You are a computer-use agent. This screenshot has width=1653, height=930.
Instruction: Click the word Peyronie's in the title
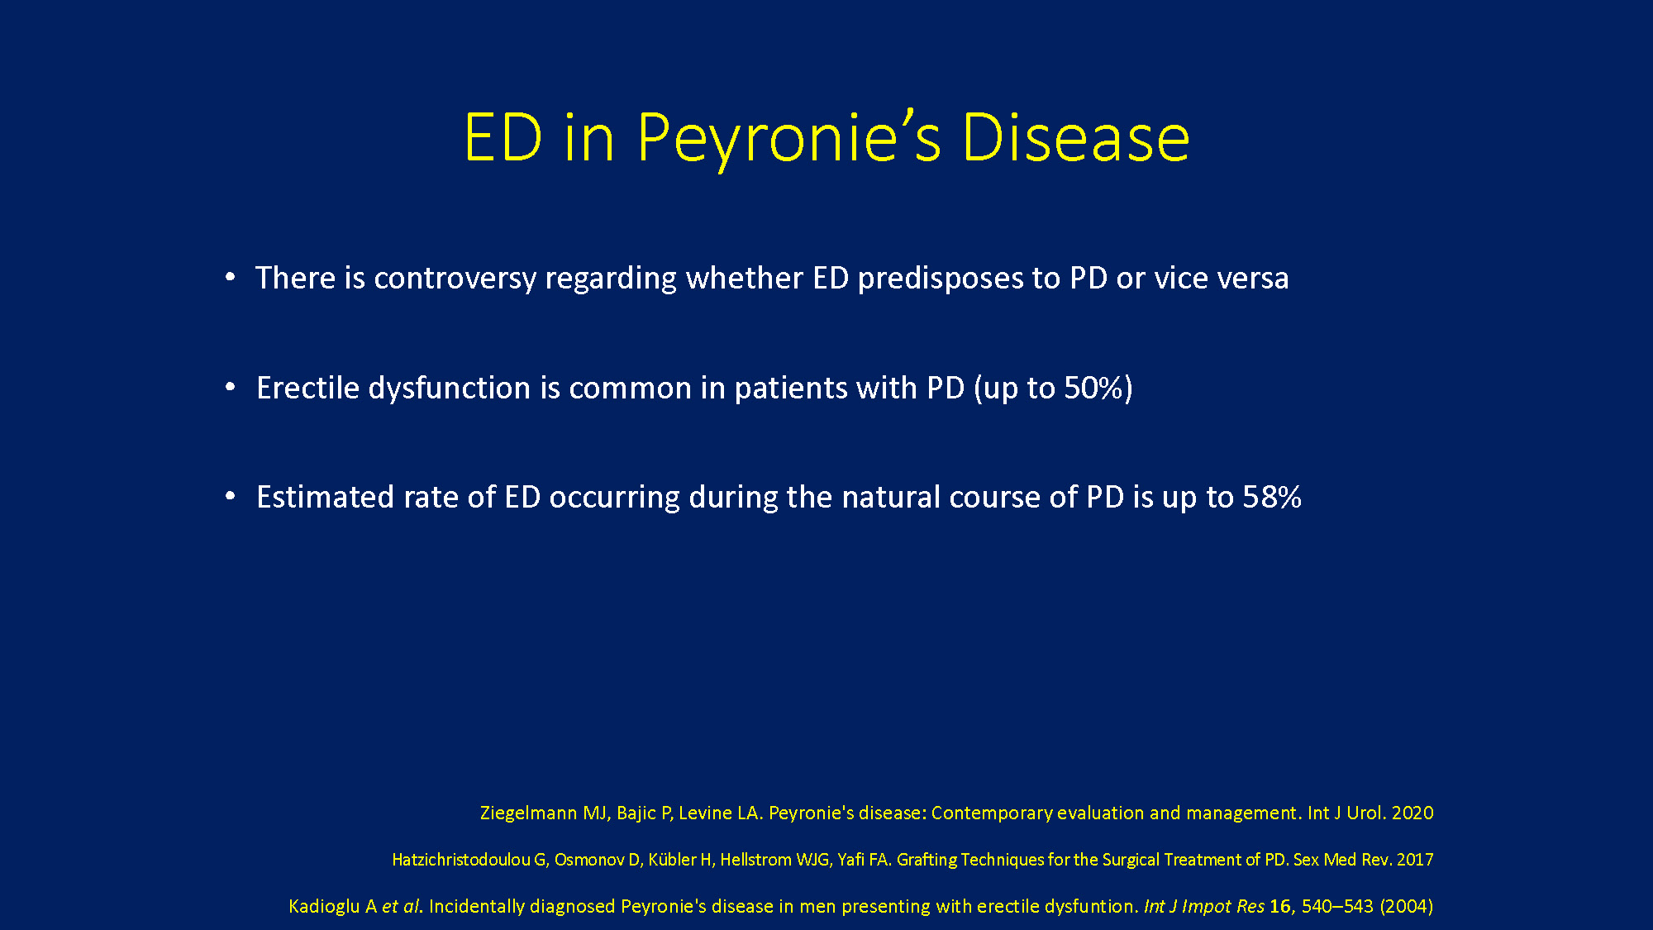789,138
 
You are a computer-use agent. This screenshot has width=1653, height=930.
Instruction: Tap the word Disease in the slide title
1075,137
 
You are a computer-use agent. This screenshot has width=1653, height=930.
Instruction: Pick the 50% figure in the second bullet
1094,388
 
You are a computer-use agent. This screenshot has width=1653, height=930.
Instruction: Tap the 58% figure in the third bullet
1272,497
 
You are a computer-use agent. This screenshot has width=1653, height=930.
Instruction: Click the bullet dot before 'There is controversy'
231,277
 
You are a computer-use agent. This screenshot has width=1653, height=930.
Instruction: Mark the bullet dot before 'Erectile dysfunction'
231,387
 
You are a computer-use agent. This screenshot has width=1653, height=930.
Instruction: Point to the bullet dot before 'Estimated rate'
231,496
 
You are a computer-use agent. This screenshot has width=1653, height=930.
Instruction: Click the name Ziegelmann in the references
529,813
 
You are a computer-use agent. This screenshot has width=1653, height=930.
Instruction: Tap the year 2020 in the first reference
1412,813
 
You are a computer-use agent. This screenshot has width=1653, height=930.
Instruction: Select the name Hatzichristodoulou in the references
461,860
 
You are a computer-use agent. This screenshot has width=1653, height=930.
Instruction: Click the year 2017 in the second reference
1415,860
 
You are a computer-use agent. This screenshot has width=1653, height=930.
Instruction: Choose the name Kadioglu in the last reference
324,907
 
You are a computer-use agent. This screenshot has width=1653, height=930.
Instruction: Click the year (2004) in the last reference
1407,907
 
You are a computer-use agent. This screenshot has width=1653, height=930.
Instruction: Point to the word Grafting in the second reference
927,860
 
